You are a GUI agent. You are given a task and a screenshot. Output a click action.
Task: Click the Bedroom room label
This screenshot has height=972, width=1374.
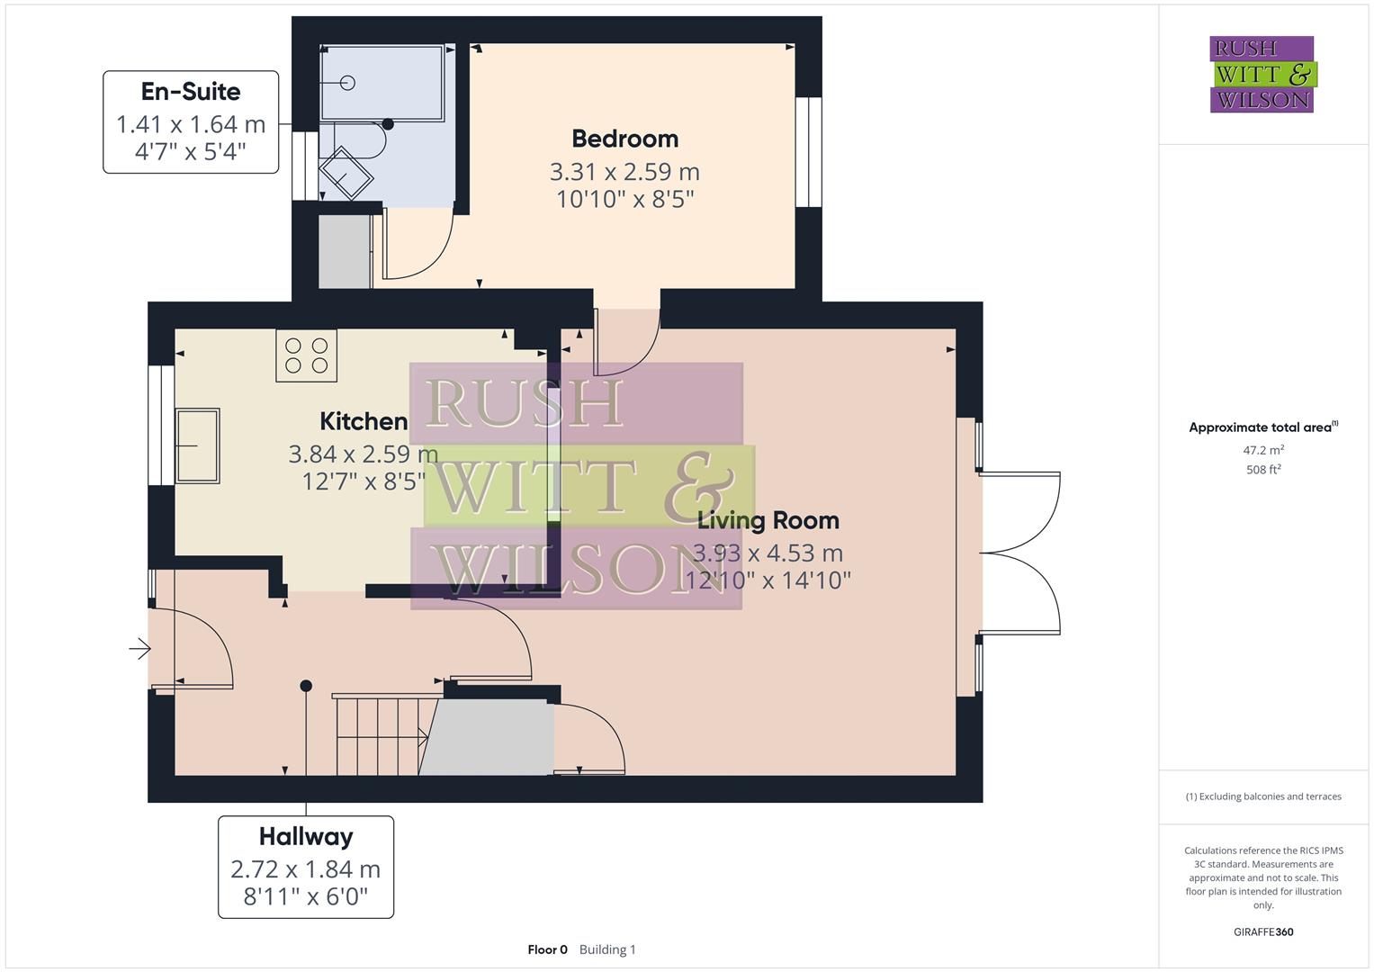click(624, 139)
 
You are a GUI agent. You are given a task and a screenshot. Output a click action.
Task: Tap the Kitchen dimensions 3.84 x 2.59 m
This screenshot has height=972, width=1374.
click(363, 454)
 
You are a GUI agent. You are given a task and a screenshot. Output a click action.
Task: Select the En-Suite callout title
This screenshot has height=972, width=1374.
click(191, 92)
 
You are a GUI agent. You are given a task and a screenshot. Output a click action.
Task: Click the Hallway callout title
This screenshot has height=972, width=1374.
click(306, 837)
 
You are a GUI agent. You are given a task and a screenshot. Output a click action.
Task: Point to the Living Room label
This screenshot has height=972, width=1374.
click(768, 520)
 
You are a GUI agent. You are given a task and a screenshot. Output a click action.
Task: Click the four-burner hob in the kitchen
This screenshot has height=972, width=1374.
click(306, 355)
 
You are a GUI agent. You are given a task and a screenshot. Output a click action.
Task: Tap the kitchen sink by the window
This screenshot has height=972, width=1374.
click(197, 445)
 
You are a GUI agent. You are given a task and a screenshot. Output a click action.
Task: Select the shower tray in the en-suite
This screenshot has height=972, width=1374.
click(382, 82)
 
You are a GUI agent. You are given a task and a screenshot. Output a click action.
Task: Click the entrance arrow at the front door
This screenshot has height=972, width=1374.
click(139, 648)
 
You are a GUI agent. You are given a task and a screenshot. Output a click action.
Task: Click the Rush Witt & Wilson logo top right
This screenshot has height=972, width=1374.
click(1262, 74)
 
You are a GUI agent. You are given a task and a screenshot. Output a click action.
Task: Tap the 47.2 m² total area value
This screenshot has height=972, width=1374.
click(1263, 450)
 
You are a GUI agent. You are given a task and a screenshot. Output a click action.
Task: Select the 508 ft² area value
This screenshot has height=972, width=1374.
click(1263, 470)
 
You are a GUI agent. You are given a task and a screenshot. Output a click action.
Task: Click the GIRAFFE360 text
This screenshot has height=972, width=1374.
click(1263, 931)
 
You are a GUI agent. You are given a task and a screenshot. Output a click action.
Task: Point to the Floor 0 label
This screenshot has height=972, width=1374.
click(547, 949)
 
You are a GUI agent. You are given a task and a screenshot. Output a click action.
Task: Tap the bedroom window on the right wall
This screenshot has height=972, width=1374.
click(809, 151)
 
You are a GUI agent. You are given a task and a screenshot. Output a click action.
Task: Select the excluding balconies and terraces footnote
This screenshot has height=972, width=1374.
click(1263, 796)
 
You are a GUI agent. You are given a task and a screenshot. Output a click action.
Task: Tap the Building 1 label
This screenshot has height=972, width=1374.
click(607, 949)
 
